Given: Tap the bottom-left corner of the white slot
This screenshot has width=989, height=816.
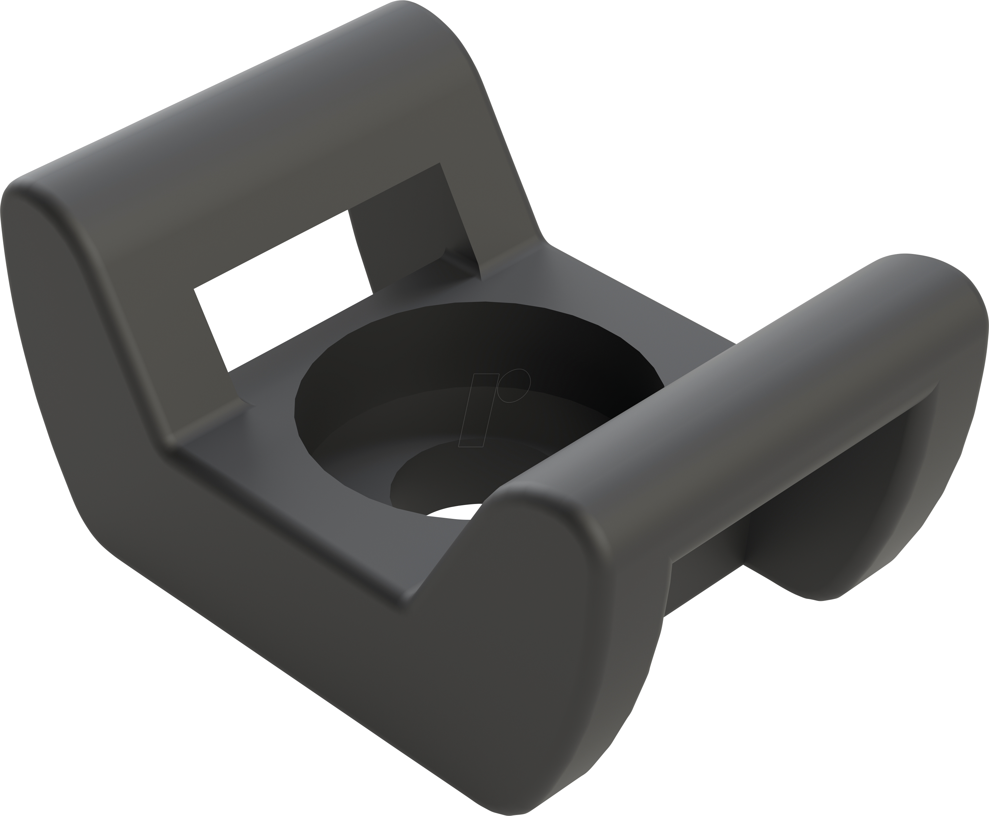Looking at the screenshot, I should [229, 371].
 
